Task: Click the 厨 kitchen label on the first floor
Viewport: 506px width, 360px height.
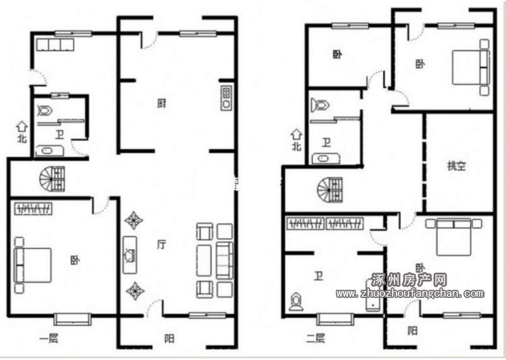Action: click(162, 103)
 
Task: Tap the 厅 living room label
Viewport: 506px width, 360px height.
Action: click(162, 244)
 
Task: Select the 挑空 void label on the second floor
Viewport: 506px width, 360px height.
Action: click(456, 166)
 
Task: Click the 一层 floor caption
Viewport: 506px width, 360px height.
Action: click(49, 338)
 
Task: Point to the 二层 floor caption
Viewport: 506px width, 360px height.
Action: click(315, 338)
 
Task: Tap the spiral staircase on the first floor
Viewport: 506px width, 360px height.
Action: click(52, 178)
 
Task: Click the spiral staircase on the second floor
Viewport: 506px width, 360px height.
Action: click(330, 190)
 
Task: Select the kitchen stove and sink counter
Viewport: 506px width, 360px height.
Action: click(226, 98)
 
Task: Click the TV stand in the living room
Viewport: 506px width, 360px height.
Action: click(130, 255)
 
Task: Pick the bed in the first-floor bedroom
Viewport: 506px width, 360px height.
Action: click(33, 265)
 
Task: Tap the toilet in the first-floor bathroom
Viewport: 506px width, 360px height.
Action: click(44, 111)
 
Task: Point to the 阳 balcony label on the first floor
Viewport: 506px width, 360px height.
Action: click(170, 338)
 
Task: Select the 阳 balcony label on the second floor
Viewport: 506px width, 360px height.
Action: click(412, 331)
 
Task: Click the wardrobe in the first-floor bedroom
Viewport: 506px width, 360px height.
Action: click(34, 209)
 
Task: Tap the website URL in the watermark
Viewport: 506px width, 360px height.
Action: click(410, 293)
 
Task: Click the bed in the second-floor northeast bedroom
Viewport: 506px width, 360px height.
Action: click(471, 67)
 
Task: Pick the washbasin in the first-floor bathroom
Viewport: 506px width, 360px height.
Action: click(49, 151)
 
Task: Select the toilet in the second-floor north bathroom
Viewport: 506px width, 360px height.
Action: click(320, 105)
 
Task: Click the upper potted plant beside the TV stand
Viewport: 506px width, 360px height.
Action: click(133, 221)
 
